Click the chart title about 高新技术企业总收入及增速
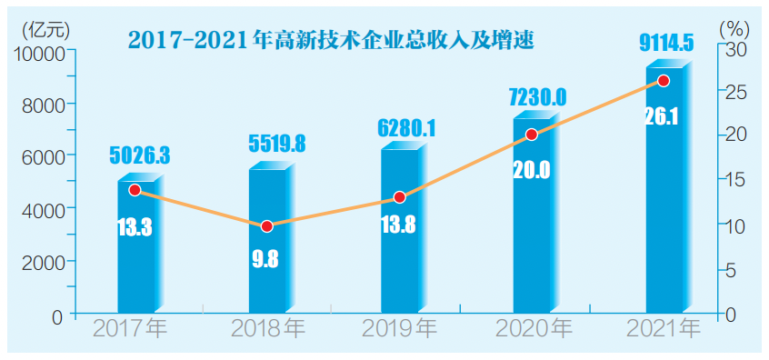(330, 41)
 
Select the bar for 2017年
(136, 264)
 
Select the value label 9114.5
(666, 41)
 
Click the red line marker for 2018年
(267, 225)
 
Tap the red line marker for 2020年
(532, 135)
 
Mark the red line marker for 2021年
(664, 81)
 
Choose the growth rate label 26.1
(663, 117)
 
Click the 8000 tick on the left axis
(44, 105)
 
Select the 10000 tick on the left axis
(39, 53)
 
